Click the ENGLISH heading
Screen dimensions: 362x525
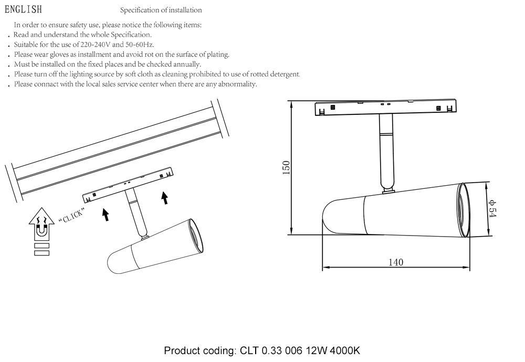click(x=23, y=9)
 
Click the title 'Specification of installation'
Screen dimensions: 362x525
click(x=161, y=10)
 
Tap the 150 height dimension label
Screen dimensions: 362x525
click(x=286, y=168)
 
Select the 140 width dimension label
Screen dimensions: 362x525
click(x=396, y=262)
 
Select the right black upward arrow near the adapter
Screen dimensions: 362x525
click(x=165, y=197)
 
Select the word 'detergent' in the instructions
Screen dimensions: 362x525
click(x=282, y=74)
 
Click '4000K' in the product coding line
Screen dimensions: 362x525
click(x=345, y=351)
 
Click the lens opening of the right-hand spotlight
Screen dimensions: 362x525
click(x=464, y=210)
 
